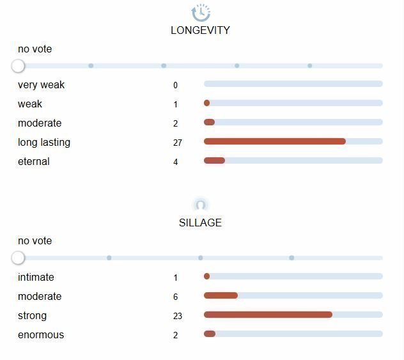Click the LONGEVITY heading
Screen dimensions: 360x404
pos(200,30)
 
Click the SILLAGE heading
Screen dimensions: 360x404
pos(200,223)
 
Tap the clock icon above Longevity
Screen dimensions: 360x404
pos(201,12)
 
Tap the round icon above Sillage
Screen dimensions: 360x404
pos(201,205)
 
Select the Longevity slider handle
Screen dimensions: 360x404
pos(18,66)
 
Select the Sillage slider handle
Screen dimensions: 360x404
pos(18,258)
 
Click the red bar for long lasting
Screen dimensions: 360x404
pos(275,141)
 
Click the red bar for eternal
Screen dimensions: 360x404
pos(214,160)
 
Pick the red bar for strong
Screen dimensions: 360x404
pos(268,315)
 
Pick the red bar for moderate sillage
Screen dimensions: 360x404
pos(221,295)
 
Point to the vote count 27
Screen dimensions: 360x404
pos(178,143)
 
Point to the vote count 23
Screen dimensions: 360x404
pos(178,316)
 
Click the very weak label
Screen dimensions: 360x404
pos(41,85)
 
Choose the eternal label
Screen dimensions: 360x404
pos(34,162)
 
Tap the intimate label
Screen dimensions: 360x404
pos(36,278)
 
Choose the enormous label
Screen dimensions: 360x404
pos(41,335)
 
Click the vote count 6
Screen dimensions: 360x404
pos(176,297)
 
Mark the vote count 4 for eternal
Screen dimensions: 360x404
pos(176,162)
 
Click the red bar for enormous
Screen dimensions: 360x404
pos(210,334)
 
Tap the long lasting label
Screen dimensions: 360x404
pos(44,143)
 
